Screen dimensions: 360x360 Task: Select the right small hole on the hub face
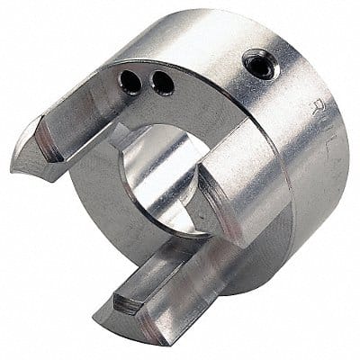tap(162, 84)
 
